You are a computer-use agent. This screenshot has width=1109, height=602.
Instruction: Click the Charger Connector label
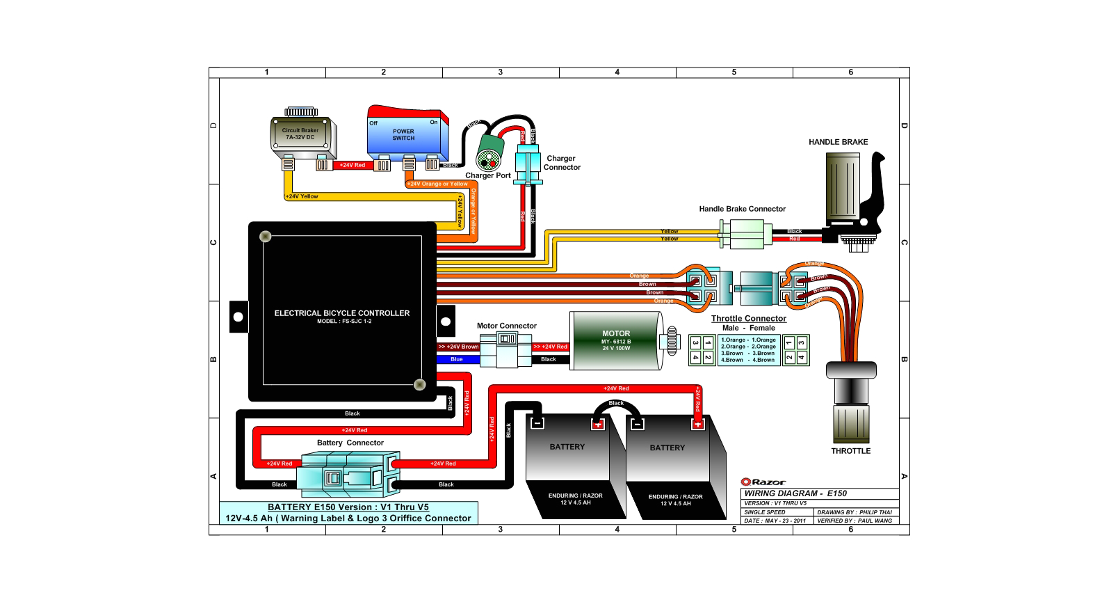[x=561, y=163]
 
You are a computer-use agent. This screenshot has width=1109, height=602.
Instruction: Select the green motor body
[x=616, y=340]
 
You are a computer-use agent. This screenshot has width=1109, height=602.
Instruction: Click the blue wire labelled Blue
[x=457, y=359]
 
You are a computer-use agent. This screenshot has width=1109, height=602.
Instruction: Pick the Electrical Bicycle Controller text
[x=341, y=313]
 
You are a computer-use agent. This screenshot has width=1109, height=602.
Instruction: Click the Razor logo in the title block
[x=763, y=482]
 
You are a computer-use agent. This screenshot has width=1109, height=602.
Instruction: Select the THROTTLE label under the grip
[x=850, y=451]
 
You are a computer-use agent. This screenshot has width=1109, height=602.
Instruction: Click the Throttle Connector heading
[x=748, y=319]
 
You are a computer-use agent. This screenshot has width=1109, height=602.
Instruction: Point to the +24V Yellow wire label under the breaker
[x=302, y=196]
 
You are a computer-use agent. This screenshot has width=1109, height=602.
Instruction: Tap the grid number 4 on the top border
[x=617, y=72]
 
